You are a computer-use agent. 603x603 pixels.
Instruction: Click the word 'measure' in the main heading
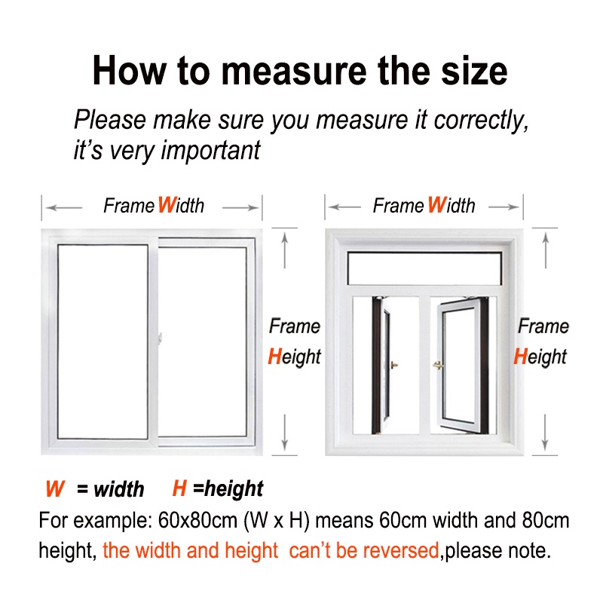coord(294,71)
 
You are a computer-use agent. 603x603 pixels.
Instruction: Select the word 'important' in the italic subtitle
coord(210,150)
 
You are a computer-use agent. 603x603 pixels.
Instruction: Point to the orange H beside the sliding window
coord(275,356)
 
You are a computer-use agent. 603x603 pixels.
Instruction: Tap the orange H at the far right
coord(520,356)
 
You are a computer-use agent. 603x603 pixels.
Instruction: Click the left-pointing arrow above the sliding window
coord(64,208)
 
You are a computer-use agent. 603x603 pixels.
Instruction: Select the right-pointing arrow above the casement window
coord(504,207)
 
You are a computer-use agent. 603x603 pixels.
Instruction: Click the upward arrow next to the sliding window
coord(285,250)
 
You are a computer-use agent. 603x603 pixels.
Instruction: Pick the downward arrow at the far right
coord(545,432)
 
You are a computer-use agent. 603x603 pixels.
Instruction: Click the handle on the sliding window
coord(160,338)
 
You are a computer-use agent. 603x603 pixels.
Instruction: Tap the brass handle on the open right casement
coord(438,365)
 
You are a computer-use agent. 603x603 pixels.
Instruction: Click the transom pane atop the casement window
coord(424,268)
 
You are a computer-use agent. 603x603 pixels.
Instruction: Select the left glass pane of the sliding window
coord(103,341)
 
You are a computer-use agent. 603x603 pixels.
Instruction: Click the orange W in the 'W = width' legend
coord(55,488)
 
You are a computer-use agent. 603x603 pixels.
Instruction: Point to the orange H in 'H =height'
coord(179,488)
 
